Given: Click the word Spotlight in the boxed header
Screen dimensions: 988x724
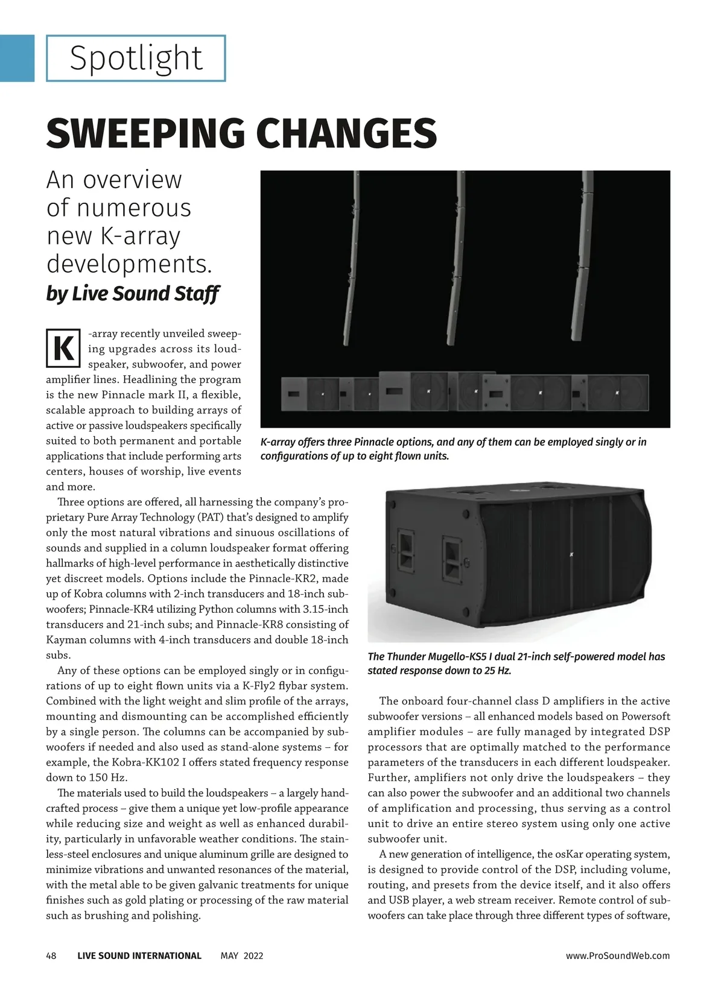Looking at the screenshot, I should click(x=136, y=59).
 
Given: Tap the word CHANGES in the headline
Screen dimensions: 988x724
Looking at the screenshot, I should click(x=341, y=133).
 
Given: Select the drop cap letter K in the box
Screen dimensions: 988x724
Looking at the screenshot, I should click(x=63, y=349).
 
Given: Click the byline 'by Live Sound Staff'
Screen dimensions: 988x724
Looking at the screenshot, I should click(x=132, y=294).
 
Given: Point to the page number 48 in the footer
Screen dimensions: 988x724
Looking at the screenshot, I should click(x=51, y=955).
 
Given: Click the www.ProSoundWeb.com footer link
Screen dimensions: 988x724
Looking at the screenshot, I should click(x=618, y=955).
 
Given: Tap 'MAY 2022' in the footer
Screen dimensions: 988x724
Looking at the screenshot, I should click(x=242, y=955).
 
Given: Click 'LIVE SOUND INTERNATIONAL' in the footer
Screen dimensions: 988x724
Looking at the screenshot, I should click(x=139, y=955).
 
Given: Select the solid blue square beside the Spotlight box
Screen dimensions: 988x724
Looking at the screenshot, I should click(x=17, y=59).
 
